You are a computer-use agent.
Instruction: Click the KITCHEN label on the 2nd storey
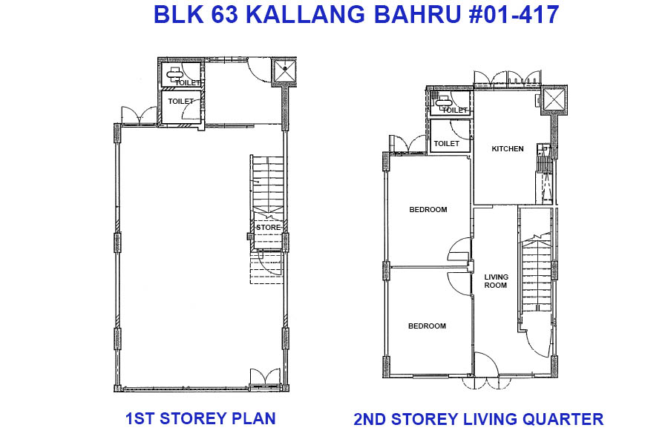click(508, 148)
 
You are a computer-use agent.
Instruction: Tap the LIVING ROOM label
click(496, 281)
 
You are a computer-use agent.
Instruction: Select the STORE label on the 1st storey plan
click(269, 228)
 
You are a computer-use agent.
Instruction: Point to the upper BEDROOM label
click(428, 209)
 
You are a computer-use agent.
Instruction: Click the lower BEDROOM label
click(427, 326)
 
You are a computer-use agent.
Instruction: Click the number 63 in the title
click(224, 15)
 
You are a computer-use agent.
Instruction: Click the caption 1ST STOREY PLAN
click(200, 418)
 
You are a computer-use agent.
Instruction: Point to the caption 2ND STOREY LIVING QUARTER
click(479, 419)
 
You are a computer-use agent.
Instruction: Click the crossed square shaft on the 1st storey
click(284, 71)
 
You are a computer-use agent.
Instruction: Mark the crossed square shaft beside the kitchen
click(554, 101)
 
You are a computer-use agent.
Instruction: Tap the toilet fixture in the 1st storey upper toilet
click(174, 74)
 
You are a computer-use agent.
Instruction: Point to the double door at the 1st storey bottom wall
click(265, 377)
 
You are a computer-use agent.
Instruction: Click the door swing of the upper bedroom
click(459, 248)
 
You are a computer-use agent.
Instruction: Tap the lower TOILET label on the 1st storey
click(180, 102)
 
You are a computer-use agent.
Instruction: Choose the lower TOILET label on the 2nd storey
click(447, 143)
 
